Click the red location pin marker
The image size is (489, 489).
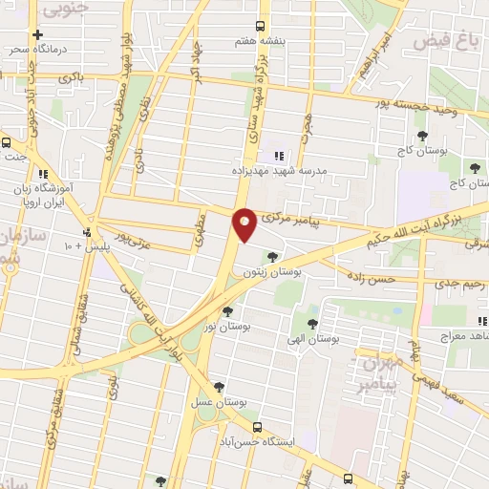[244, 224]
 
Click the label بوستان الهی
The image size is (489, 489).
[314, 339]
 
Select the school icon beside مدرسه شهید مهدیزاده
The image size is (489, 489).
[280, 156]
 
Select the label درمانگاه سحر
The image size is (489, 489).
[37, 48]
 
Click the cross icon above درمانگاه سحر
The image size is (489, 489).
[37, 33]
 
